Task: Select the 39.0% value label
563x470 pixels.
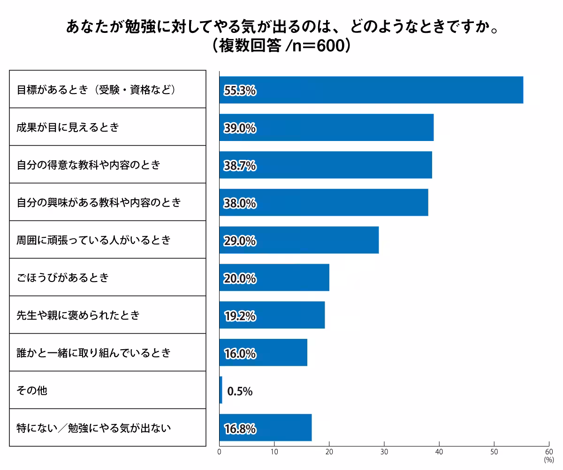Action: (x=240, y=128)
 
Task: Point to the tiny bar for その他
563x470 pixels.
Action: (x=221, y=390)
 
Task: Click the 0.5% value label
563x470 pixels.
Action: (x=240, y=391)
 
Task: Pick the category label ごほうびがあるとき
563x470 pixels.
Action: (x=62, y=277)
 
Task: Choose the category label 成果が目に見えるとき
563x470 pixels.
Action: (x=68, y=127)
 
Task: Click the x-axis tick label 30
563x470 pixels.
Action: (x=384, y=452)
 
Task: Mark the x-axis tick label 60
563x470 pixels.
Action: (x=548, y=452)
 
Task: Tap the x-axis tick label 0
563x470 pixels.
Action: (x=220, y=452)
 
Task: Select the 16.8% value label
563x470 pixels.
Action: (x=240, y=429)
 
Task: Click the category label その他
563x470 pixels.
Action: (x=32, y=390)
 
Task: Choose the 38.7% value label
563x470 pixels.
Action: (x=240, y=165)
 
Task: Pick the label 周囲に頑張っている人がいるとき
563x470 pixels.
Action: (x=93, y=240)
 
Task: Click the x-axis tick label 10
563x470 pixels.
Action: (x=274, y=452)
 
